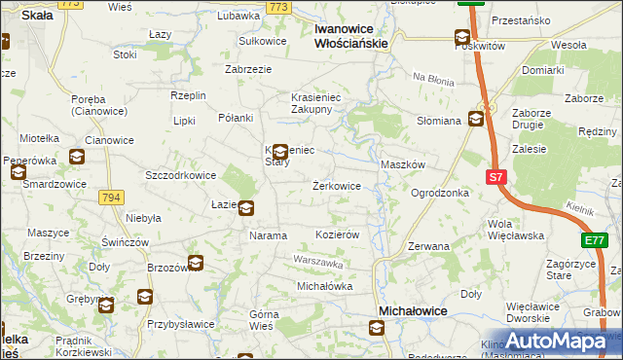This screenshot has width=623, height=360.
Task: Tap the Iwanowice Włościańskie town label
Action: pos(351,36)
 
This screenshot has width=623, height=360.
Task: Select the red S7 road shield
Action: pos(495,177)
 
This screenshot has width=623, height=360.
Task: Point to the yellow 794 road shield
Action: pos(110,198)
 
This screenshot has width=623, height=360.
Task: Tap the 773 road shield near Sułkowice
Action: pos(278,7)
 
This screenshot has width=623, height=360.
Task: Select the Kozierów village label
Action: pos(339,235)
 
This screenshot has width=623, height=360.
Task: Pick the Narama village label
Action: pos(269,235)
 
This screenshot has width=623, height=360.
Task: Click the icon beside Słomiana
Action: pos(476,120)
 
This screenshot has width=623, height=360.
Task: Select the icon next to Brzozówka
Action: pos(196,263)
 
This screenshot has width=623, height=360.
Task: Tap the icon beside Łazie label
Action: pos(246,207)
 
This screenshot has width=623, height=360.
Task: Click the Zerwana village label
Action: pos(428,246)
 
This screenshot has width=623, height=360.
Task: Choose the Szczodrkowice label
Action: pos(180,175)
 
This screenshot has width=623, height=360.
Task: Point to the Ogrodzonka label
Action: pos(440,193)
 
